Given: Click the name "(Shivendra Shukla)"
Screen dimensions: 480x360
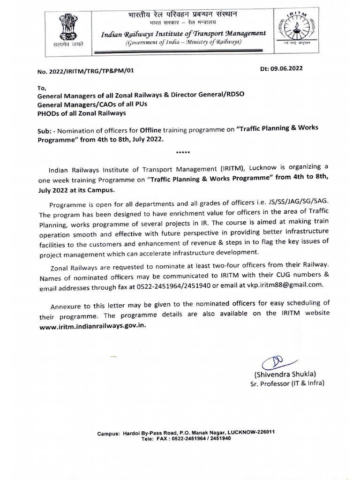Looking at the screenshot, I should click(x=285, y=375).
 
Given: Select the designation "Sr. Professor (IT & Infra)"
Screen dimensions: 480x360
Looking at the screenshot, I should click(x=287, y=384).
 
